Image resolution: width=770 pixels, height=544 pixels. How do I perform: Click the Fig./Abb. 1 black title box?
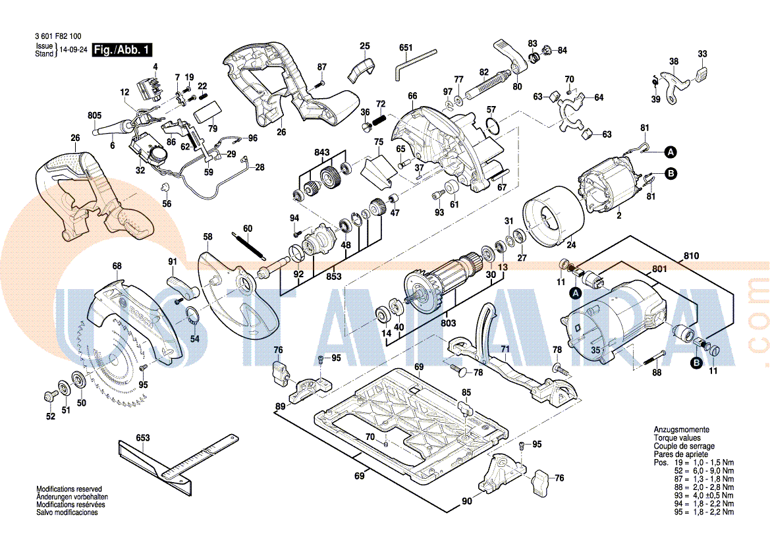tap(123, 50)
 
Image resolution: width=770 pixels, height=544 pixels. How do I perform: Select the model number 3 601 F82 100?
tap(57, 38)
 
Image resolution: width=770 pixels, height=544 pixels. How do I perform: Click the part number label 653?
tap(142, 437)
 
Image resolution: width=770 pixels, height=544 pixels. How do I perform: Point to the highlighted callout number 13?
tap(503, 267)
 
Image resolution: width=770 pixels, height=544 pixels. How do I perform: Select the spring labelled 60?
tap(249, 244)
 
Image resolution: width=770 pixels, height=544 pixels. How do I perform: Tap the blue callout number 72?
tap(380, 104)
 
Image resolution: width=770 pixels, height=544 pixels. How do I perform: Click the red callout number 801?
tap(659, 269)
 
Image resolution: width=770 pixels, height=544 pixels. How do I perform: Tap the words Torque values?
tap(676, 438)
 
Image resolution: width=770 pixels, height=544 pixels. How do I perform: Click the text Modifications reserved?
tap(69, 489)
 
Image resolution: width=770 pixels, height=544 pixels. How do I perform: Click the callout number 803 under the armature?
tap(448, 323)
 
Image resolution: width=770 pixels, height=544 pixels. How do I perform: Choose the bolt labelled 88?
tap(650, 360)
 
